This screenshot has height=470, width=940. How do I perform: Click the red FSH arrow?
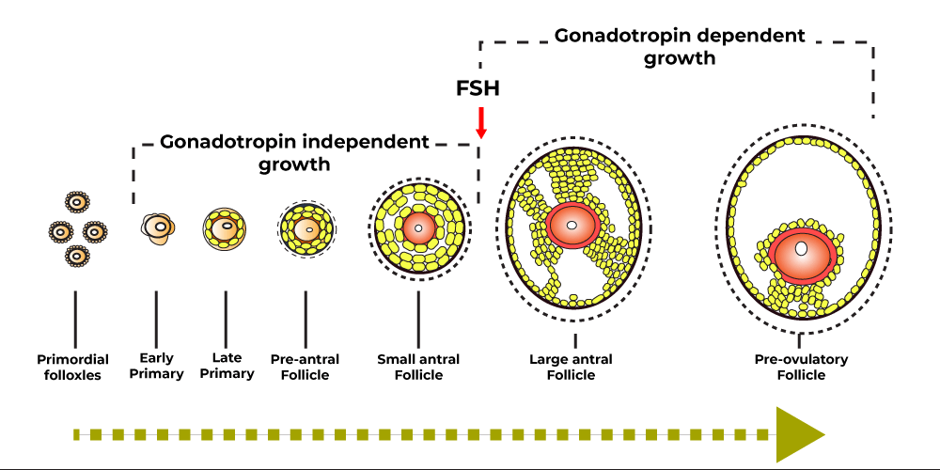(x=480, y=122)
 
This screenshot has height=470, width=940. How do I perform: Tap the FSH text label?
(x=478, y=88)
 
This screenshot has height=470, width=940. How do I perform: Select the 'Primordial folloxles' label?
(x=73, y=366)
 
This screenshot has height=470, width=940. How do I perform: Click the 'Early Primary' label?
(x=156, y=366)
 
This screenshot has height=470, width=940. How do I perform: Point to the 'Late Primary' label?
(x=227, y=366)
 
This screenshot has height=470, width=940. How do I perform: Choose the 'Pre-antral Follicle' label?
(x=305, y=367)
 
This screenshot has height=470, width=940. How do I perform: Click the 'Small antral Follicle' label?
(x=418, y=367)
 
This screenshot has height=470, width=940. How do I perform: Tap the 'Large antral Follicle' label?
(x=571, y=367)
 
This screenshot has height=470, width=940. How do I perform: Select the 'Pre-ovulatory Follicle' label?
(x=801, y=367)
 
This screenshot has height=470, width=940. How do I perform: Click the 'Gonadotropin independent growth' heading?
(x=294, y=153)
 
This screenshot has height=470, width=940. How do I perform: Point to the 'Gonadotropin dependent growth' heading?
(x=680, y=46)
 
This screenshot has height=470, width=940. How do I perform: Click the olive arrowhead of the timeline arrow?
(x=799, y=434)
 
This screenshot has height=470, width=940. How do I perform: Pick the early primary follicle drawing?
(x=157, y=227)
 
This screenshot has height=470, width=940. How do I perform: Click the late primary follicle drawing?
(x=226, y=228)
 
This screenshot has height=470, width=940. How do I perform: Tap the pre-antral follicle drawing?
(x=306, y=228)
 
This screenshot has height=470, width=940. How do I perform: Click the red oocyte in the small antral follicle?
(x=418, y=227)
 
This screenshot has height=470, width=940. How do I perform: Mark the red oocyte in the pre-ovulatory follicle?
(x=802, y=252)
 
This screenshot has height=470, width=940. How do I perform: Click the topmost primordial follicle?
(x=77, y=201)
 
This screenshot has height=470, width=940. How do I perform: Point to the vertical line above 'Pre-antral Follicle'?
(x=305, y=320)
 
